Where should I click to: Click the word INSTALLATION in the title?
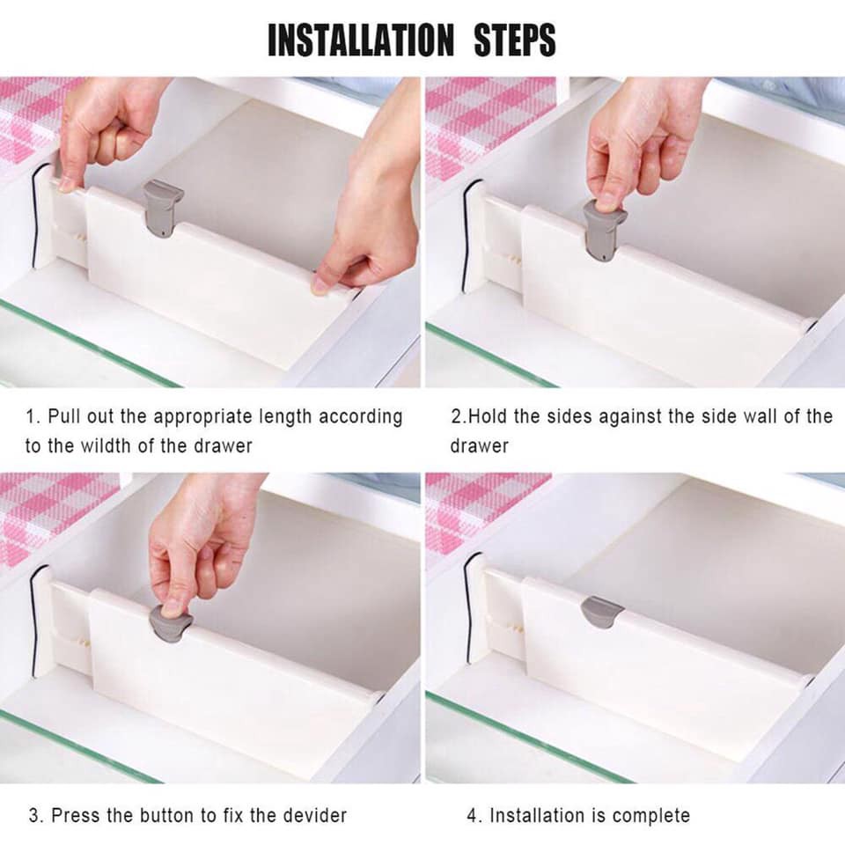pyautogui.click(x=362, y=40)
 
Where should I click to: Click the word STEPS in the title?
pyautogui.click(x=516, y=40)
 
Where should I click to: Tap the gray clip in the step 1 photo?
pyautogui.click(x=163, y=208)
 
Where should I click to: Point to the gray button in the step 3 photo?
pyautogui.click(x=170, y=622)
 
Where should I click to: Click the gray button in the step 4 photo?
pyautogui.click(x=602, y=611)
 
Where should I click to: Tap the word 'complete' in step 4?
pyautogui.click(x=651, y=815)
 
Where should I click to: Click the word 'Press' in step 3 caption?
pyautogui.click(x=75, y=815)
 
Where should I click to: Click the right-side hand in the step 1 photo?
pyautogui.click(x=374, y=211)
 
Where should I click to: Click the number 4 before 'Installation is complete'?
pyautogui.click(x=471, y=815)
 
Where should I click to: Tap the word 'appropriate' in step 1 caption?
pyautogui.click(x=223, y=415)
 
